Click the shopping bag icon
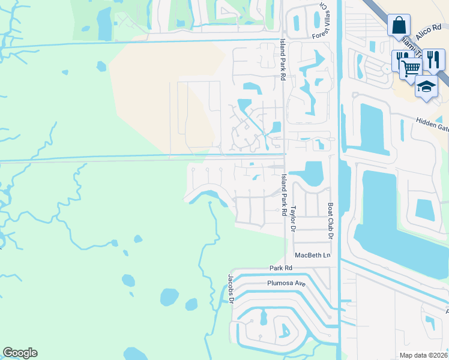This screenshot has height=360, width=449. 399,26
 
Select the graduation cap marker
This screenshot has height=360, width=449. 426,86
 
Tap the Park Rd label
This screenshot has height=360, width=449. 280,268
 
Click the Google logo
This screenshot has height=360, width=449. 20,353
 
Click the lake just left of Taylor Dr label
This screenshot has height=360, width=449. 312,174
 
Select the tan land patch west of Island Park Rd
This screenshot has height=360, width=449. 162,90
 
